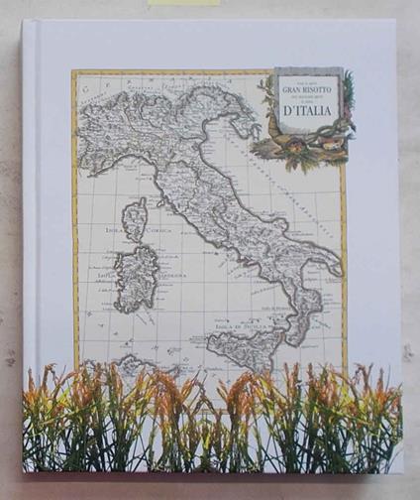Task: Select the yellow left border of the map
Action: click(75, 218)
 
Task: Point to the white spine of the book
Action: click(29, 248)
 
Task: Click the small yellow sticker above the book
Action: click(183, 3)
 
